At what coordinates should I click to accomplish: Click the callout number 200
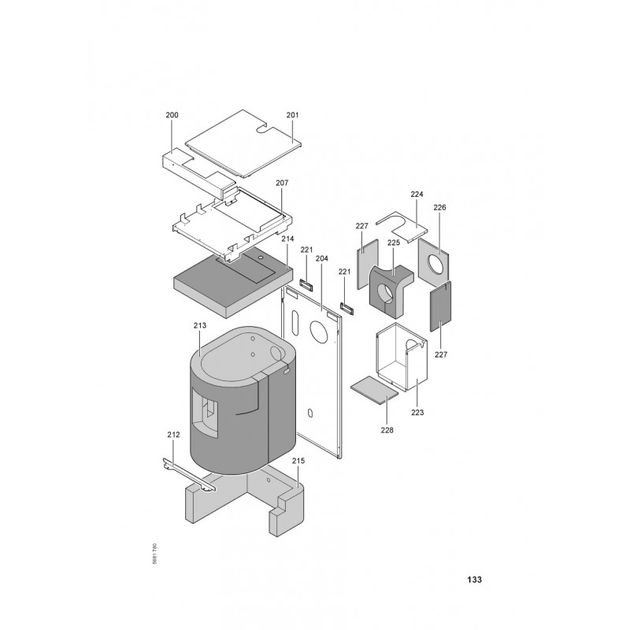click(x=172, y=115)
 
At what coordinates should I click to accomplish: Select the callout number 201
click(x=292, y=115)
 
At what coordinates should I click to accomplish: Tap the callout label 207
click(x=282, y=183)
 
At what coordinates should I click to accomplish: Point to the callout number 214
click(x=287, y=239)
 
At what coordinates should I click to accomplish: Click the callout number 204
click(x=322, y=258)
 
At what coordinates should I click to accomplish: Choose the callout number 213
click(x=200, y=325)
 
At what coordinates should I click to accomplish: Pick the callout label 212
click(x=173, y=435)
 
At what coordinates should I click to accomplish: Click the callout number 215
click(x=298, y=461)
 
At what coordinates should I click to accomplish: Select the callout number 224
click(x=417, y=194)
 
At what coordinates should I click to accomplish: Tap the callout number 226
click(x=439, y=208)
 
